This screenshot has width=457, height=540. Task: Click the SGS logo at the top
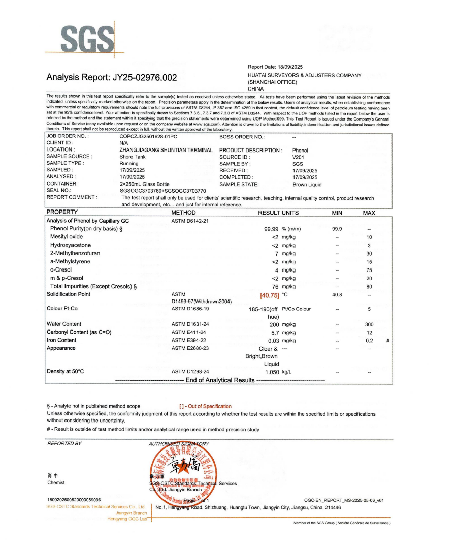coord(86,38)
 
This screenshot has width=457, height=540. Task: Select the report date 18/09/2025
coord(290,67)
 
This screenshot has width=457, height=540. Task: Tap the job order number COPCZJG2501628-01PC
coord(148,137)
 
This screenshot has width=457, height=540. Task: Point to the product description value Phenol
coord(300,151)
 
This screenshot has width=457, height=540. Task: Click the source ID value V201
coord(298,157)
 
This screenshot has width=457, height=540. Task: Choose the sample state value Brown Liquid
coord(307,185)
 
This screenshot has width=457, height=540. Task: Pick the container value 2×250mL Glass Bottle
coord(144,184)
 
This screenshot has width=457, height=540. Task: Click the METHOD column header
coord(183,213)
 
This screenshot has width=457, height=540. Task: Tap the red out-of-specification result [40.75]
coord(269,294)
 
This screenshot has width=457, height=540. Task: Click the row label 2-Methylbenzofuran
coord(75,253)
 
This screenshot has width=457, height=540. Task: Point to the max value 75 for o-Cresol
coord(369,270)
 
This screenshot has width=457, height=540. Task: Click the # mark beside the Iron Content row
coord(387,341)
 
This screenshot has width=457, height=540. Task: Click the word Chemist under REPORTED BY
coord(56,483)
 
